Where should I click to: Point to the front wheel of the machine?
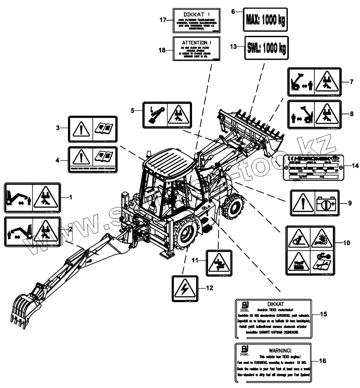[231, 206]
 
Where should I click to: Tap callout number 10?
[346, 242]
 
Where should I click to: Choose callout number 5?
[133, 111]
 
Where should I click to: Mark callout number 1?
[71, 197]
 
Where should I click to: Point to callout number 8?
[351, 112]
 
